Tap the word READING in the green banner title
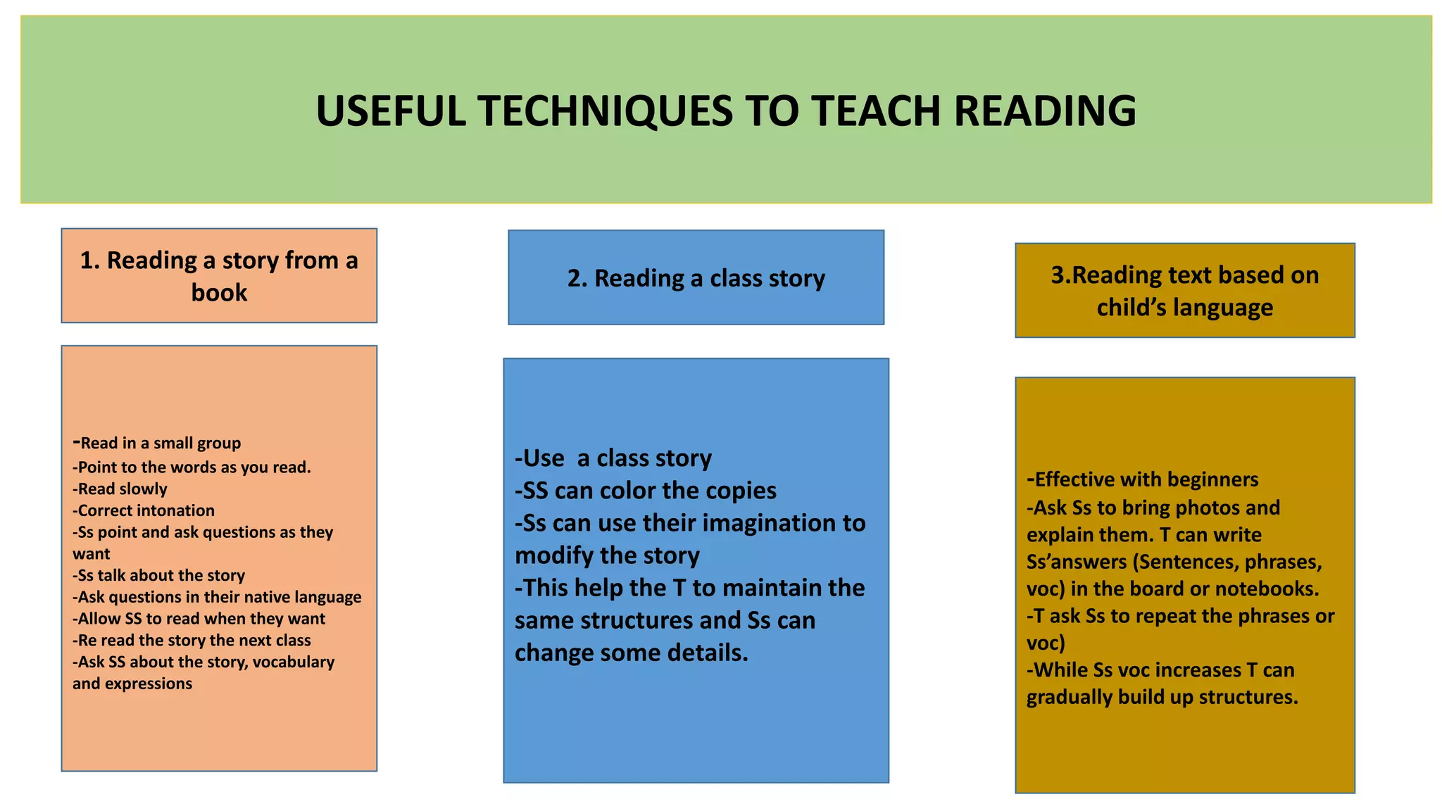pos(1045,111)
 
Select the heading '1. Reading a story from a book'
pos(219,276)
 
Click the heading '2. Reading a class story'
pos(696,278)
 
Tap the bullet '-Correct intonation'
pos(144,510)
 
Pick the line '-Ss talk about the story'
pos(158,575)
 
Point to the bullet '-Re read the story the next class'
pos(192,640)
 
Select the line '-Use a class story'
pos(613,458)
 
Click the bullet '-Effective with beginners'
pos(1143,479)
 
